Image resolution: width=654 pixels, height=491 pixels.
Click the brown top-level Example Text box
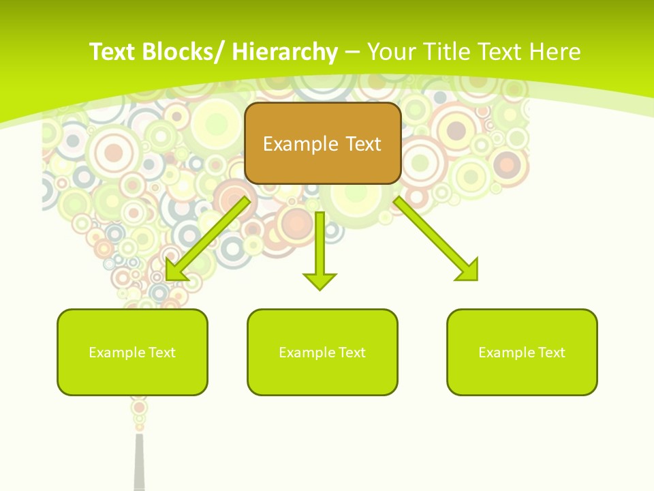point(322,143)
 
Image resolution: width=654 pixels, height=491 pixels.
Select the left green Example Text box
point(132,352)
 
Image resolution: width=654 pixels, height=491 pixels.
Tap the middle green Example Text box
point(322,352)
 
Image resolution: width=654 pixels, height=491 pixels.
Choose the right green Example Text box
point(522,352)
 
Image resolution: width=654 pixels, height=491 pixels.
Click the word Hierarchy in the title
point(285,52)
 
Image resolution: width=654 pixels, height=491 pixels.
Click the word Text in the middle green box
point(351,353)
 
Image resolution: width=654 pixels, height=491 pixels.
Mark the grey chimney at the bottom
point(140,464)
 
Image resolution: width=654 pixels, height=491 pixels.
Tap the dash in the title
point(352,53)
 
